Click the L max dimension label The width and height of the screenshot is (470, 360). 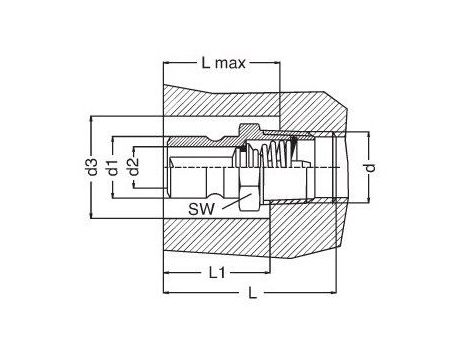tap(224, 63)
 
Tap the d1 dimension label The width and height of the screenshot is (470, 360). tap(112, 167)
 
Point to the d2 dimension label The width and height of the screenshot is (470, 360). tap(133, 167)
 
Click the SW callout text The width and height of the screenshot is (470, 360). tap(201, 209)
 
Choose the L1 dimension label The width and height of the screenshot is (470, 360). tap(217, 273)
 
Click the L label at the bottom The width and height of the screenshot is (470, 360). tap(253, 293)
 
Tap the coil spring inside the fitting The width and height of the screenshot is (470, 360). tap(278, 154)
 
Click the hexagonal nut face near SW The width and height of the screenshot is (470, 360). tap(248, 197)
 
